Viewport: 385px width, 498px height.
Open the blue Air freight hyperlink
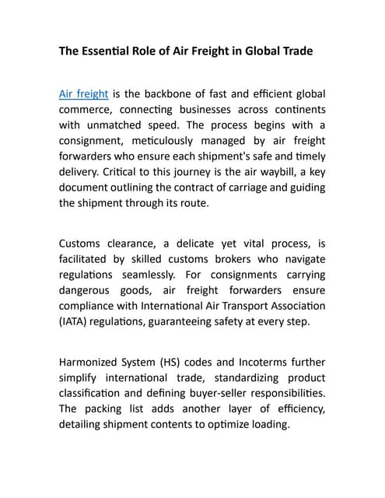[x=83, y=93]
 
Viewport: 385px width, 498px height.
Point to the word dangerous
[x=87, y=289]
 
